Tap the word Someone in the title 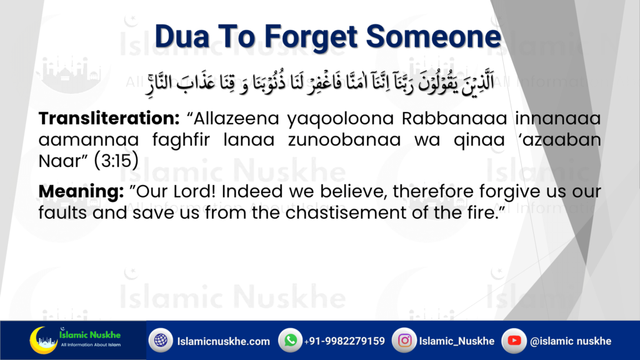pos(434,37)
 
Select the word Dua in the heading pos(182,37)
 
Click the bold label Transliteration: pos(109,118)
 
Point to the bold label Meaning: pos(81,191)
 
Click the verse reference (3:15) pos(116,161)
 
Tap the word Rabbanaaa pos(454,118)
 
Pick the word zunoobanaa pos(344,139)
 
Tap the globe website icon pos(161,340)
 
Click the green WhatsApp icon pos(290,340)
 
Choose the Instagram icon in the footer pos(404,340)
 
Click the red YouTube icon pos(514,340)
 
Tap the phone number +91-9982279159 pos(344,341)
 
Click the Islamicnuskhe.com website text pos(223,341)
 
